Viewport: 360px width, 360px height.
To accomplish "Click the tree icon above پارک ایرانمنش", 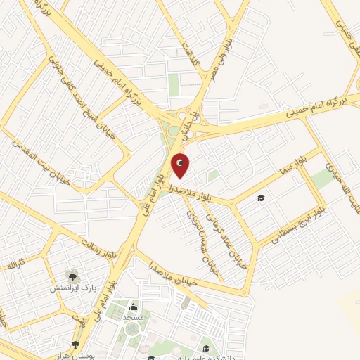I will click(72, 276).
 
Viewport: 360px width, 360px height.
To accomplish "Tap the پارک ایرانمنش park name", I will click(72, 289).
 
